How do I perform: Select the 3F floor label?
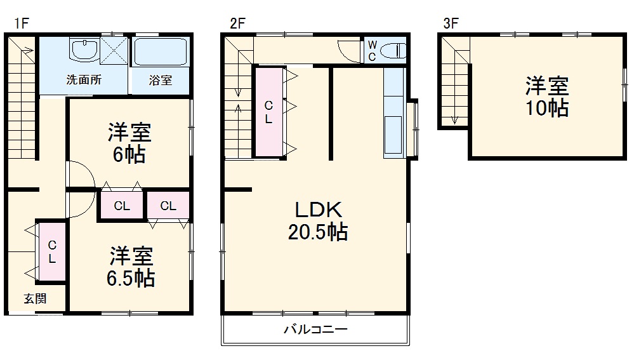point(451,23)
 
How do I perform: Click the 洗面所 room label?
point(84,81)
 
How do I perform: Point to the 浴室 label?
point(160,81)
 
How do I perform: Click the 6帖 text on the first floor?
point(129,154)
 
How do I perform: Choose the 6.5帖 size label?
point(131,278)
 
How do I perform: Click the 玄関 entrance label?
point(35,299)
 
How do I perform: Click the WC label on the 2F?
point(373,50)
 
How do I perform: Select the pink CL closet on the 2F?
point(269,112)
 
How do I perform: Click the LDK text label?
point(317,210)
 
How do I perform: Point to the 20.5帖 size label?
point(317,233)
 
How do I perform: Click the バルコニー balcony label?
point(315,330)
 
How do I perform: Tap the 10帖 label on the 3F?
point(546,109)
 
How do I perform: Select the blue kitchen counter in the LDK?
point(393,112)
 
